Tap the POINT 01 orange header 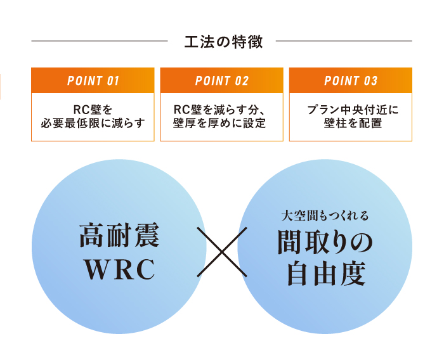(x=93, y=80)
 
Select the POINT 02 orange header (x=222, y=80)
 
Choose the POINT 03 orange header (x=351, y=80)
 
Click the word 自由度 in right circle (x=325, y=274)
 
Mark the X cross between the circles (x=222, y=252)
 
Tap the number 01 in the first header (x=112, y=80)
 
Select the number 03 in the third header (x=370, y=80)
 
